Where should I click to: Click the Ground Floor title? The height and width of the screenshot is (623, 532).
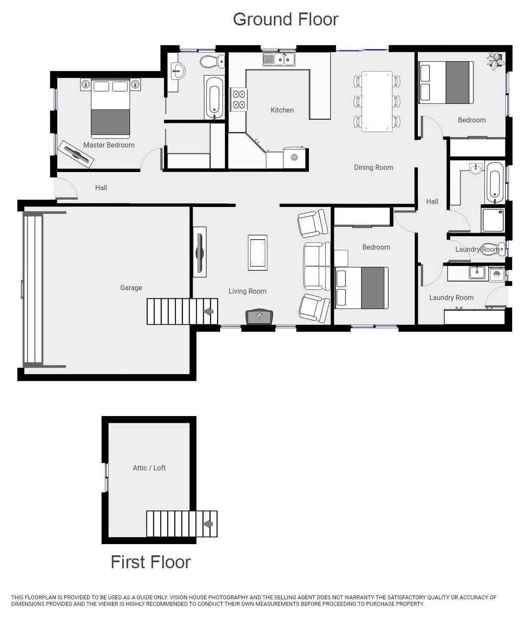tap(285, 19)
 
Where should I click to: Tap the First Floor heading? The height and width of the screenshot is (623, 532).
tap(150, 562)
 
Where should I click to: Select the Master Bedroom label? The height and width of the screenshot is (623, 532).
tap(109, 145)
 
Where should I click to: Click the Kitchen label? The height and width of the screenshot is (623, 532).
tap(282, 110)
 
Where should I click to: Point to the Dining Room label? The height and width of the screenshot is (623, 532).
tap(373, 167)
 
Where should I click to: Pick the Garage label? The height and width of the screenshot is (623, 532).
tap(131, 288)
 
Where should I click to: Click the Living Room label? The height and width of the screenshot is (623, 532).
tap(247, 291)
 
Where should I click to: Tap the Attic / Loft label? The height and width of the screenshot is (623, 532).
tap(149, 468)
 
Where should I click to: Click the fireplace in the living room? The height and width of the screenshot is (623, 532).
tap(259, 316)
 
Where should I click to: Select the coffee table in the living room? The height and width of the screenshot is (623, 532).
tap(258, 253)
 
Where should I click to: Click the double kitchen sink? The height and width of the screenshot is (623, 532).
tap(279, 59)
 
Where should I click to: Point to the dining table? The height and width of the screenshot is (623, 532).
tap(377, 101)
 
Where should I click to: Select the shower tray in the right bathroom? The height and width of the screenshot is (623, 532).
tap(493, 220)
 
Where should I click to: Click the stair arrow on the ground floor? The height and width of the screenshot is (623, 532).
tap(208, 311)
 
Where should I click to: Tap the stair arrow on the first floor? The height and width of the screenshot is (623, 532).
tap(208, 524)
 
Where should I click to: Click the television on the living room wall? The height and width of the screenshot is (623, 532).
tap(199, 252)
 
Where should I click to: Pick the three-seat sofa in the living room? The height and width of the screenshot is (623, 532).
tap(317, 266)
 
